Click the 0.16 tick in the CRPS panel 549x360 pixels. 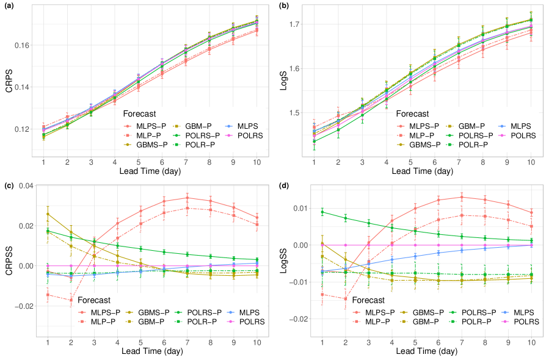point(21,45)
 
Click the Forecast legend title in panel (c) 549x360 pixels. point(81,300)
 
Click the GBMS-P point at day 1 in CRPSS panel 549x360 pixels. point(48,214)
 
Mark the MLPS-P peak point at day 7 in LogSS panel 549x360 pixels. point(462,196)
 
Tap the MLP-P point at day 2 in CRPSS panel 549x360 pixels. point(71,300)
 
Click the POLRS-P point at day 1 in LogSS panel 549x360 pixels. point(322,212)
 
